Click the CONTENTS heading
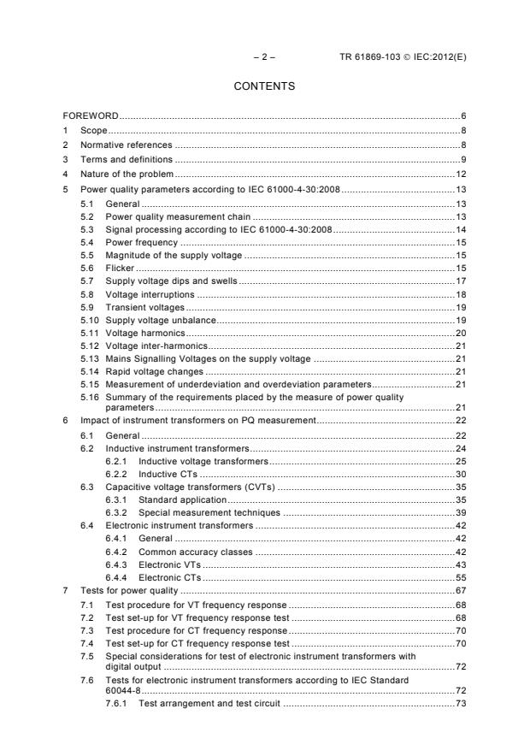click(264, 86)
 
